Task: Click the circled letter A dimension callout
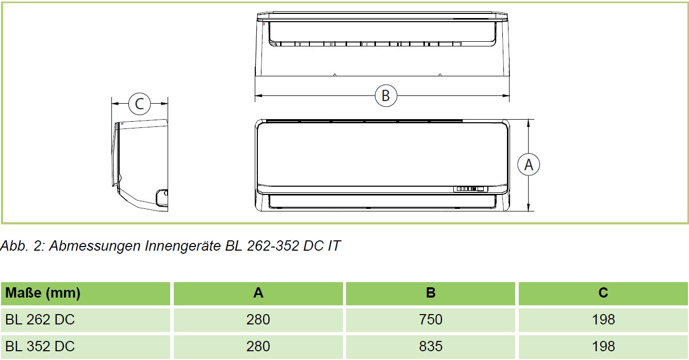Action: click(529, 165)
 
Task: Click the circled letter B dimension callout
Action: click(386, 95)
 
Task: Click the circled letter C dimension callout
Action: click(139, 104)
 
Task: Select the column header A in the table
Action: click(258, 293)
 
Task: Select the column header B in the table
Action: click(431, 293)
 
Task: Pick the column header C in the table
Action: click(603, 293)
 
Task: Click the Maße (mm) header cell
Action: click(43, 293)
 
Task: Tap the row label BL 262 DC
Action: click(40, 320)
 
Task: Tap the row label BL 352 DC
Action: click(40, 346)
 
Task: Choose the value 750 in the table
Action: click(431, 320)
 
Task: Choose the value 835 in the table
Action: click(431, 346)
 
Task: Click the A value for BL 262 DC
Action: click(258, 320)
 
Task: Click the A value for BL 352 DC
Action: click(258, 346)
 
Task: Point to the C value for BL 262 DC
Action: click(603, 320)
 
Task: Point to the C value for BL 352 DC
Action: click(603, 346)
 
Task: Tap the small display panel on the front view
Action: click(470, 189)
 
